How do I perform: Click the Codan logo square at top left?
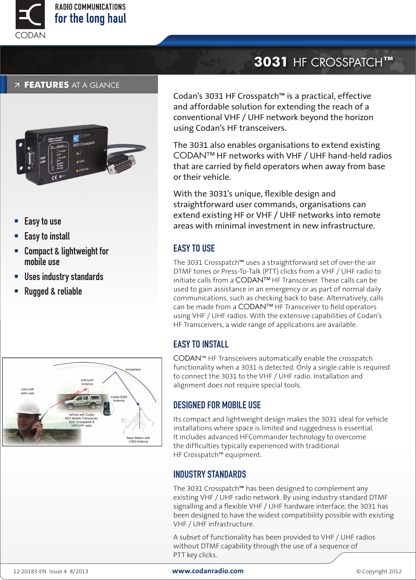[x=30, y=15]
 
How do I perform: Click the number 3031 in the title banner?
[x=271, y=62]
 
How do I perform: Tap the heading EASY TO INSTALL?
[x=201, y=344]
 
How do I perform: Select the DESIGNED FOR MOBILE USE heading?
[x=217, y=405]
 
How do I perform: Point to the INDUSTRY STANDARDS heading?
[x=209, y=474]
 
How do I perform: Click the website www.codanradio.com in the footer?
[x=208, y=571]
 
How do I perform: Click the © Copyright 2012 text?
[x=379, y=571]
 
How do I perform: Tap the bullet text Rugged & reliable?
[x=53, y=291]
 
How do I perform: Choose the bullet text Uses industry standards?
[x=64, y=277]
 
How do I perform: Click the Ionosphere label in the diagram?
[x=133, y=370]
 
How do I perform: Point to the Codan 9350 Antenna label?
[x=119, y=399]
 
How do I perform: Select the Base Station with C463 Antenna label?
[x=138, y=440]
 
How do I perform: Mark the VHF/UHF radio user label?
[x=27, y=391]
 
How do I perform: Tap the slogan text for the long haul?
[x=90, y=18]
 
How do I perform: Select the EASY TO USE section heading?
[x=194, y=248]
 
